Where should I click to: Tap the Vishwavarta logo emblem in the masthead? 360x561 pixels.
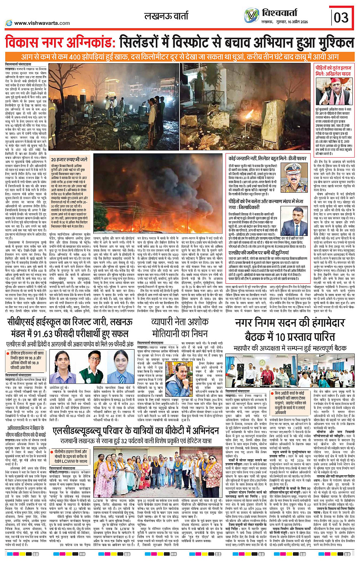(251, 16)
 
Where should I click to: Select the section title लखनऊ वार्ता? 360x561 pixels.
(166, 16)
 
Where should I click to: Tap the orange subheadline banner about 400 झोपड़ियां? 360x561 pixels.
(180, 57)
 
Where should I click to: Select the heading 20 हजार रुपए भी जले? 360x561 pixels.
(69, 160)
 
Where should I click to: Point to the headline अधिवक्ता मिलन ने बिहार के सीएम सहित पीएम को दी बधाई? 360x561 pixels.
(26, 431)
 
